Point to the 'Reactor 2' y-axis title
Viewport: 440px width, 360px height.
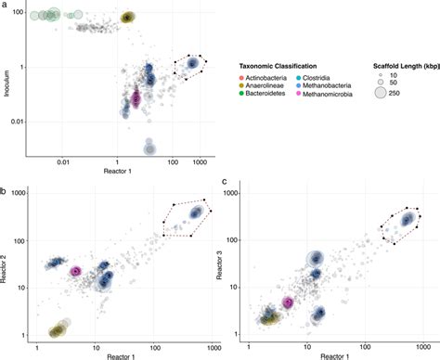pyautogui.click(x=6, y=263)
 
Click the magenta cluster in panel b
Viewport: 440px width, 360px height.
pyautogui.click(x=76, y=271)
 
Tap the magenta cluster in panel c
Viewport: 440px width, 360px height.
pyautogui.click(x=289, y=302)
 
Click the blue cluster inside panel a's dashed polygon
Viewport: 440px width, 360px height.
pyautogui.click(x=193, y=63)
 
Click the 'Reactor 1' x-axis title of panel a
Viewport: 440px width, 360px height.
pyautogui.click(x=118, y=174)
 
